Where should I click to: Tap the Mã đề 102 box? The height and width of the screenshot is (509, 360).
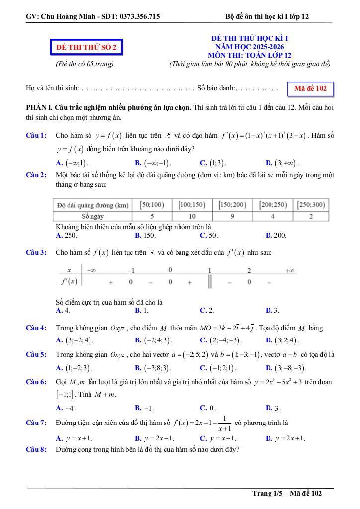310,89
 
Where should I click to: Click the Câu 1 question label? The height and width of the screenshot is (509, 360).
36,135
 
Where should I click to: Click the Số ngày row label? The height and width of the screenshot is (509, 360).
91,216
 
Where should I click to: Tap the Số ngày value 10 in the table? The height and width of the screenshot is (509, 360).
192,216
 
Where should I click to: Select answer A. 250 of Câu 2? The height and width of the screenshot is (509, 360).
67,235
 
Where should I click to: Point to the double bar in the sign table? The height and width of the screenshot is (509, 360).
210,282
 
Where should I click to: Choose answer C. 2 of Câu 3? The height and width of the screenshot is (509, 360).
207,310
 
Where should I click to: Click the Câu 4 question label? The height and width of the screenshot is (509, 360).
36,328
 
